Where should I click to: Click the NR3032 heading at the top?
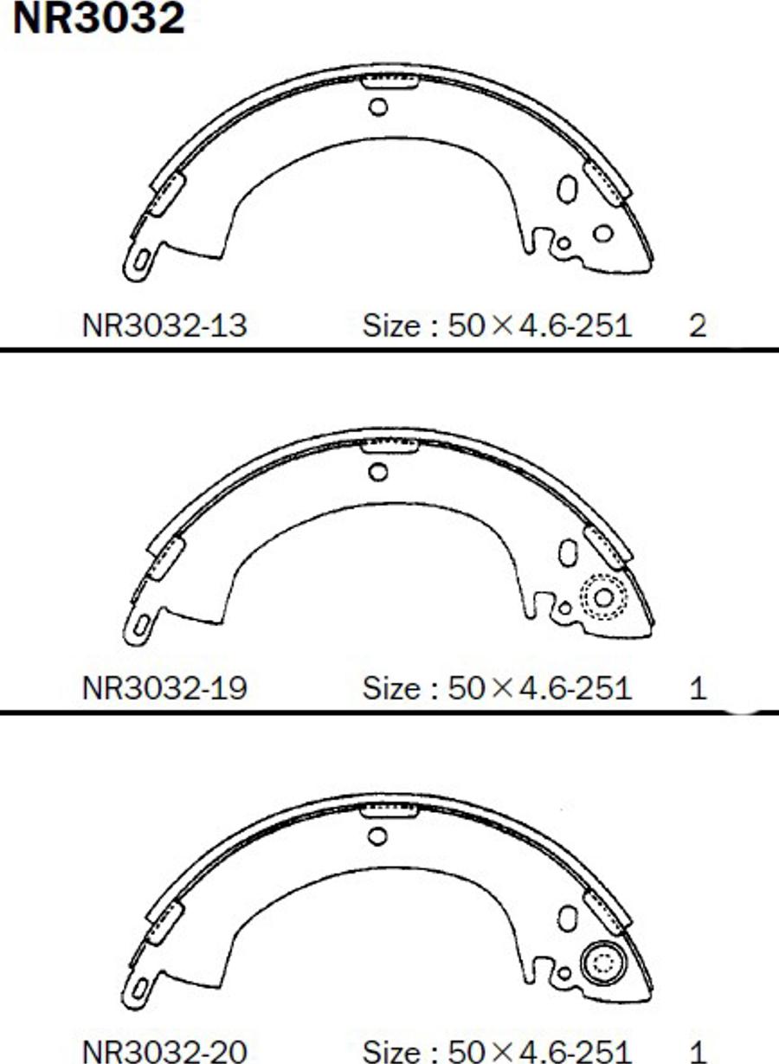(98, 19)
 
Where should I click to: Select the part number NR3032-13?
(164, 326)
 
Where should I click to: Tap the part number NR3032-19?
(164, 688)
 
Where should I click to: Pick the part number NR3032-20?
(164, 1051)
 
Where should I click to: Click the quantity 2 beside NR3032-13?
(698, 326)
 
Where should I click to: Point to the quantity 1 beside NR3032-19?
(698, 688)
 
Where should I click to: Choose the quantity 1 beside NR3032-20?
(698, 1051)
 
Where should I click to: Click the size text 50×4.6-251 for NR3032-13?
(540, 326)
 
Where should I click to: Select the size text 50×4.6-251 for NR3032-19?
(540, 688)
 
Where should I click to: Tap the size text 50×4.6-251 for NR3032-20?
(540, 1051)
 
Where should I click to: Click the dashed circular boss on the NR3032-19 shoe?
(602, 596)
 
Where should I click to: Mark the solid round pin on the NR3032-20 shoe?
(602, 963)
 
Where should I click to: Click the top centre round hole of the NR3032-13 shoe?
(378, 106)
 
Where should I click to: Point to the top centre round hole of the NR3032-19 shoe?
(378, 472)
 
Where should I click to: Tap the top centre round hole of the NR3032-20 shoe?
(377, 836)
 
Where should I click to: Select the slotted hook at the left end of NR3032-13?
(138, 261)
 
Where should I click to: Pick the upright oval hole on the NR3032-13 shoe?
(568, 188)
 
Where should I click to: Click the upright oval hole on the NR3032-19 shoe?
(568, 551)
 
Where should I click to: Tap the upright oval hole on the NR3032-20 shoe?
(568, 918)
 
